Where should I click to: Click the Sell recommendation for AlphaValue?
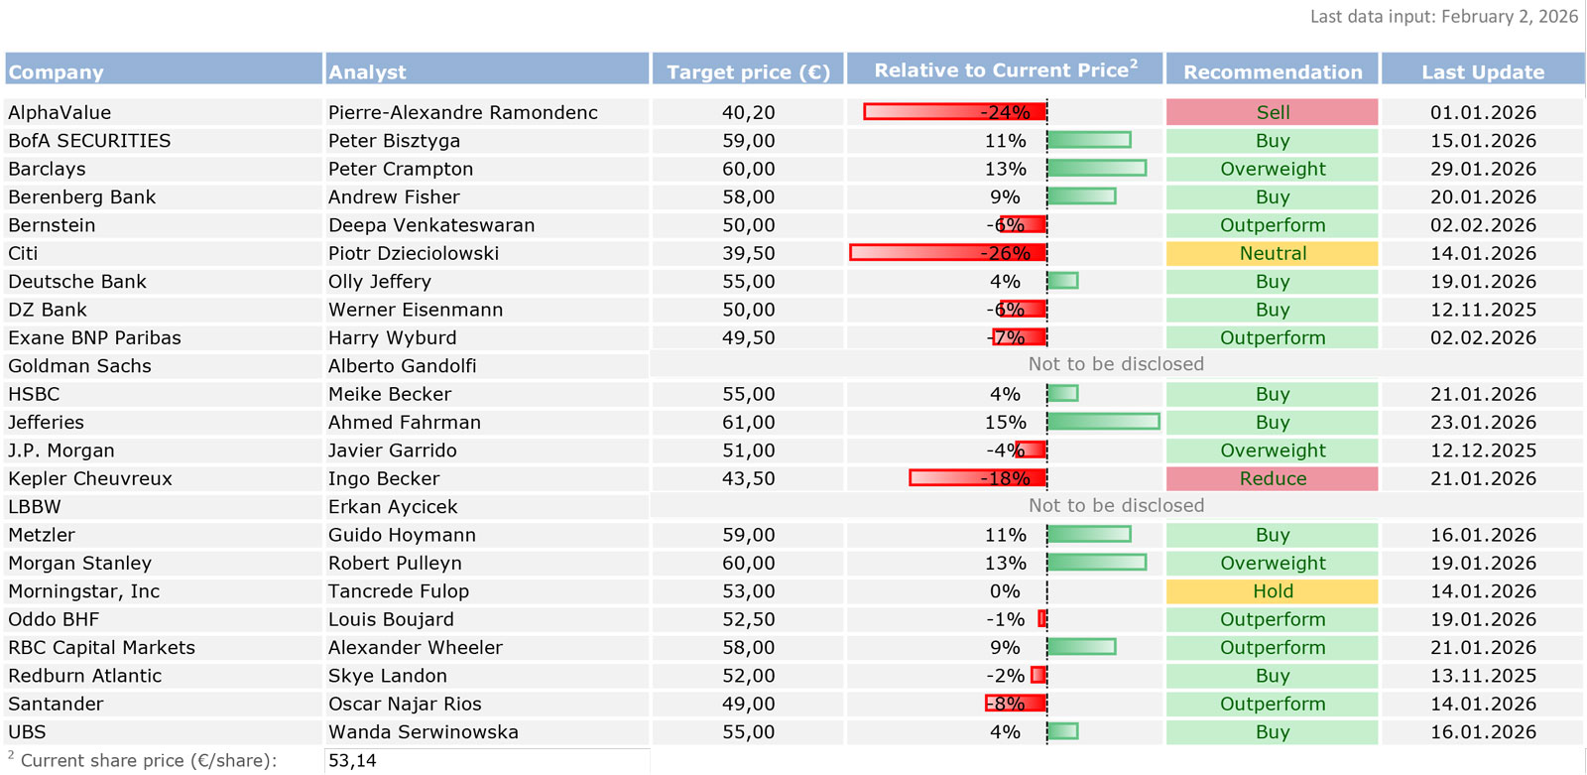(x=1272, y=112)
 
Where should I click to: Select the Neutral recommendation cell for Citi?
(x=1272, y=253)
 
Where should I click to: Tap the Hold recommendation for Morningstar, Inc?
(x=1272, y=591)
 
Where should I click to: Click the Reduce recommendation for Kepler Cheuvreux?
(x=1272, y=478)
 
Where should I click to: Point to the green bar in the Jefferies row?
(x=1103, y=422)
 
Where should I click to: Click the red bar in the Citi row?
(x=947, y=253)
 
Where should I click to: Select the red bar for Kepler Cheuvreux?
(x=977, y=478)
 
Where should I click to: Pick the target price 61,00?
(x=748, y=422)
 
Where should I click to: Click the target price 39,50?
(x=748, y=253)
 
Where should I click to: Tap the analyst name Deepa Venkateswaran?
(x=431, y=225)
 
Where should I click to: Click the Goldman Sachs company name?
(x=79, y=366)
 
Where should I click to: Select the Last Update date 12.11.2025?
(x=1483, y=310)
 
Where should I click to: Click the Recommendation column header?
(x=1273, y=71)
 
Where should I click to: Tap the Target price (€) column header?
(x=748, y=71)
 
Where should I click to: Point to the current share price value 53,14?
(x=352, y=761)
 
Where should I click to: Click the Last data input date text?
(x=1443, y=16)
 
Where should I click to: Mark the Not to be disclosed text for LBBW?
(x=1116, y=505)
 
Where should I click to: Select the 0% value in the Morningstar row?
(x=1004, y=591)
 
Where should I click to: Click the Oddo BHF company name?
(x=54, y=619)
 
